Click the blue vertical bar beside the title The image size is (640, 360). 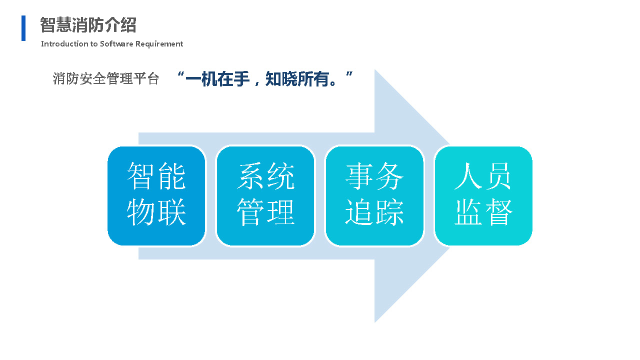point(23,28)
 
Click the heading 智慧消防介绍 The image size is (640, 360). point(88,25)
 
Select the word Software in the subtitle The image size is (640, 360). point(116,43)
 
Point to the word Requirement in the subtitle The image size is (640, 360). point(159,44)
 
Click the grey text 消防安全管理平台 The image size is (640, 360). point(105,78)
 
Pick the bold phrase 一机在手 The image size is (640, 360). point(217,79)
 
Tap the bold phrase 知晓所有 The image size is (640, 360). point(297,79)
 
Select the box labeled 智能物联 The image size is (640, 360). point(156,196)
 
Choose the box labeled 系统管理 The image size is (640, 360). point(265,196)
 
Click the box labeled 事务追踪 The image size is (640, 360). point(374,196)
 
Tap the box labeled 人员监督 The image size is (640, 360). point(483,196)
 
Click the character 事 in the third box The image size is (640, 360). point(359,176)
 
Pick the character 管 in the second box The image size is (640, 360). point(250,212)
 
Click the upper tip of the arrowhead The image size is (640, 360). point(375,69)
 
